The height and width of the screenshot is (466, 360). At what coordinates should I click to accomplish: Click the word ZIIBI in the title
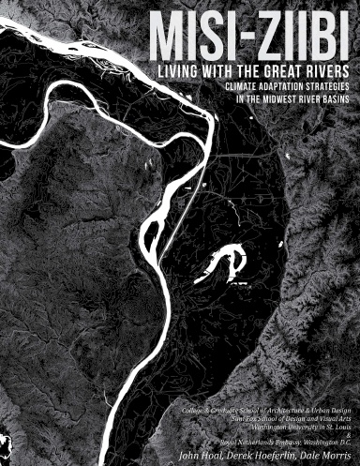pos(300,36)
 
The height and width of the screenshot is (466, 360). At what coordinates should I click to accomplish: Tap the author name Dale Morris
pos(324,454)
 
